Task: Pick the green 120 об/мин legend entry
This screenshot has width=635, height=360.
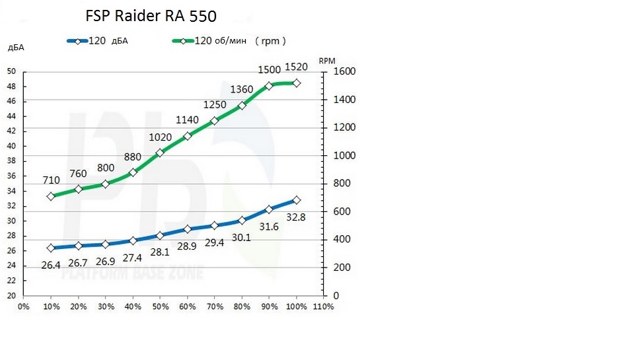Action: click(x=229, y=41)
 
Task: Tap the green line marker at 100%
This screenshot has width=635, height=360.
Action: click(x=297, y=83)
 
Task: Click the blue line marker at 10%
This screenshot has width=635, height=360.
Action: click(x=51, y=248)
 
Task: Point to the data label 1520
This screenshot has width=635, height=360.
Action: click(x=295, y=67)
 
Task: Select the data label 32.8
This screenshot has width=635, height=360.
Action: click(x=295, y=217)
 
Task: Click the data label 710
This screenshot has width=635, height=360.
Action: click(x=52, y=180)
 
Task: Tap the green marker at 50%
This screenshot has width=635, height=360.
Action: click(x=160, y=153)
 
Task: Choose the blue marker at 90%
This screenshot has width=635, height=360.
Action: click(x=269, y=209)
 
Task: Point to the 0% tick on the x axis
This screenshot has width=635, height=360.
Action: click(x=23, y=306)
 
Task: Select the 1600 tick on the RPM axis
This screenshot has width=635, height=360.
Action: click(x=345, y=72)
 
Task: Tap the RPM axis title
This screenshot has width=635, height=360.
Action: click(x=328, y=60)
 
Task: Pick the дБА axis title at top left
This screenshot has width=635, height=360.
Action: click(x=16, y=48)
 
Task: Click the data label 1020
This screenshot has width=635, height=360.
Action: click(x=159, y=137)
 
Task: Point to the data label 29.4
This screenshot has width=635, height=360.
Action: click(x=213, y=242)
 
